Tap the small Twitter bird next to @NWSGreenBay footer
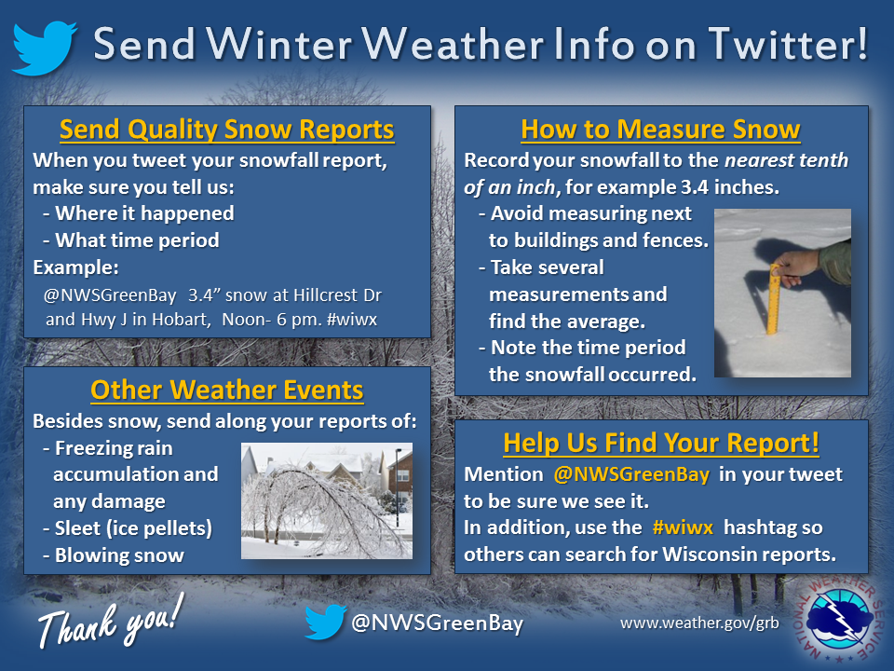(x=325, y=622)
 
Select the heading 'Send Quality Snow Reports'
(x=227, y=130)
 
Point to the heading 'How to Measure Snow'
(x=661, y=130)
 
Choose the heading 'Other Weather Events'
(x=227, y=390)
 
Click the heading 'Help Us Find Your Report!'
(x=661, y=444)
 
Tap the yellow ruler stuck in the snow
(x=774, y=299)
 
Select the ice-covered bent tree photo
(x=327, y=500)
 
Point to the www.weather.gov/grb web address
(x=699, y=623)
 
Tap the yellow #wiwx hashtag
(x=683, y=527)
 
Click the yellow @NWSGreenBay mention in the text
(x=631, y=474)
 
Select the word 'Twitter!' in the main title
(x=788, y=44)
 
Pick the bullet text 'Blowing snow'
(x=119, y=555)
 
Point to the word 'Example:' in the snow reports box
(x=75, y=267)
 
